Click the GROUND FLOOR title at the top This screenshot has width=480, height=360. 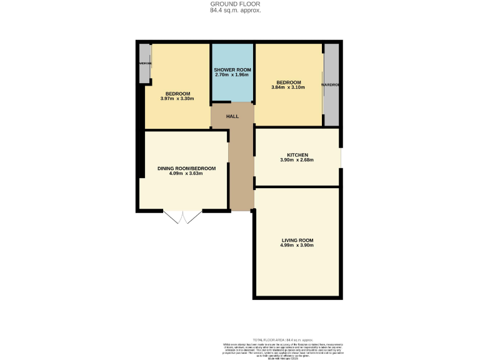click(236, 4)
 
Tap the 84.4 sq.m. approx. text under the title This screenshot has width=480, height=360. click(236, 11)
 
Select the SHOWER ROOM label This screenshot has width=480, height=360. click(232, 69)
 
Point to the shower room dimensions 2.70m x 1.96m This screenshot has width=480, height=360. click(232, 75)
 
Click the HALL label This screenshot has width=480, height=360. click(232, 116)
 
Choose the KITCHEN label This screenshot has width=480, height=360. click(297, 155)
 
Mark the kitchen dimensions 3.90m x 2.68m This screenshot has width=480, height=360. click(297, 161)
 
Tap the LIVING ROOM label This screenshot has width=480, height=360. click(297, 240)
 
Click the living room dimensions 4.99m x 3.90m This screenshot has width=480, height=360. click(297, 246)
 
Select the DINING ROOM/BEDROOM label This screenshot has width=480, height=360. click(186, 168)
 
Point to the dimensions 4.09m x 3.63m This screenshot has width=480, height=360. click(186, 174)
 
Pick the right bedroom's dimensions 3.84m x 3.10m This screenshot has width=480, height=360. click(289, 87)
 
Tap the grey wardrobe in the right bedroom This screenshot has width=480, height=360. click(331, 84)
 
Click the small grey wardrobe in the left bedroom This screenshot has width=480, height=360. click(144, 64)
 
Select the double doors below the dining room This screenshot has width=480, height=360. click(182, 216)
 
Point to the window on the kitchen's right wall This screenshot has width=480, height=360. click(341, 157)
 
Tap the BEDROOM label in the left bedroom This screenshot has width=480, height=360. click(177, 94)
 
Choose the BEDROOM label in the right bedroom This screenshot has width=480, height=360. click(289, 82)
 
